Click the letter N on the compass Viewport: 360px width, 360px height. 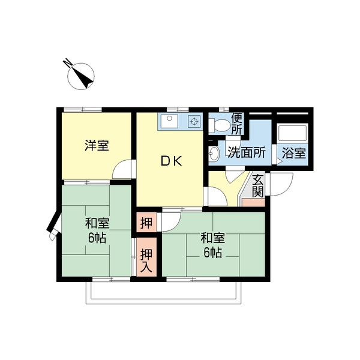(x=67, y=62)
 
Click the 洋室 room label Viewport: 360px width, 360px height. (x=97, y=145)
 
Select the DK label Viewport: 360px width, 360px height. (x=171, y=161)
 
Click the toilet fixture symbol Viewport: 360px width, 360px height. (x=219, y=125)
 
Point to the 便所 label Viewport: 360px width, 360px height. (x=236, y=124)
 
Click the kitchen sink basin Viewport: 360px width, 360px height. (x=169, y=121)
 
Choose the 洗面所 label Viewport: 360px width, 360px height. (x=247, y=152)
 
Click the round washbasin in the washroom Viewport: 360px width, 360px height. (x=214, y=153)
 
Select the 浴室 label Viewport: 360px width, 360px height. (x=294, y=153)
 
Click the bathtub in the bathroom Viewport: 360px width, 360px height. (x=292, y=133)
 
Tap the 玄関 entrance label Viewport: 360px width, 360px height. (x=257, y=186)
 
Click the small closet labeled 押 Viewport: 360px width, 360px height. (x=146, y=222)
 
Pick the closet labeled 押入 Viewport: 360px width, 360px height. (x=146, y=257)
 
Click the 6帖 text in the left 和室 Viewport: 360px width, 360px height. (x=97, y=239)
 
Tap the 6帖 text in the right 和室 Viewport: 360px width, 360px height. (x=212, y=253)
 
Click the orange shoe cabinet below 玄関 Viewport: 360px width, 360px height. (x=253, y=203)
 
